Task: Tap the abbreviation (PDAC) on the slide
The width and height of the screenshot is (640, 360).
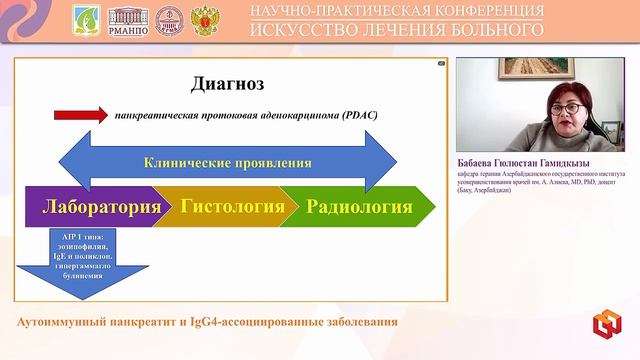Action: (354, 115)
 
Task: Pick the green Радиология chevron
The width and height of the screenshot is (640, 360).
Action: (359, 208)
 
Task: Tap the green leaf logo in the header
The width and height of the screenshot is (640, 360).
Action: (88, 20)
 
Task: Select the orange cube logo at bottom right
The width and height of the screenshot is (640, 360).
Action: (606, 325)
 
